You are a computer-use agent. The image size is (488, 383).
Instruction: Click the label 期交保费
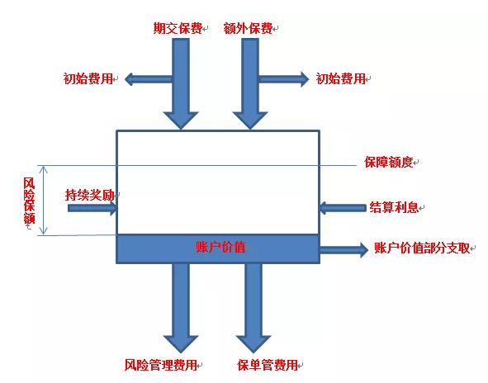(178, 28)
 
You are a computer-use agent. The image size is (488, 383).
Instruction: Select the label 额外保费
(248, 28)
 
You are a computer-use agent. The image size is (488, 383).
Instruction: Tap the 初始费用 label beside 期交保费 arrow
(88, 78)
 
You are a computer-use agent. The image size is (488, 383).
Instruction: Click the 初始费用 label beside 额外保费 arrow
(341, 78)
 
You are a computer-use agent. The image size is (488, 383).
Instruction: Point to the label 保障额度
(389, 162)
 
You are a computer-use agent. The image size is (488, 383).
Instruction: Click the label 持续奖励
(90, 195)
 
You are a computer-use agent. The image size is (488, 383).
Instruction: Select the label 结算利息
(395, 207)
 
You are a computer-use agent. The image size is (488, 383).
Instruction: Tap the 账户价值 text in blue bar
(220, 247)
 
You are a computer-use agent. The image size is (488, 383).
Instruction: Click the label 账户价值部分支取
(422, 248)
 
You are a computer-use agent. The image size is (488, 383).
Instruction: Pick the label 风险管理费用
(161, 365)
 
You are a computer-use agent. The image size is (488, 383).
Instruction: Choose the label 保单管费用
(268, 365)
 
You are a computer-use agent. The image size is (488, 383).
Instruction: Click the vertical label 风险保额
(29, 201)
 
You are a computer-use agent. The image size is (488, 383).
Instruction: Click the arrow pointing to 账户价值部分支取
(343, 249)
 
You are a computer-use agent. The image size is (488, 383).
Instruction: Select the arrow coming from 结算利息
(343, 207)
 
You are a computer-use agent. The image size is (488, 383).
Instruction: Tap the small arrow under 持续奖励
(92, 208)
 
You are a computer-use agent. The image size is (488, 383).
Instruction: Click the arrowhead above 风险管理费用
(181, 344)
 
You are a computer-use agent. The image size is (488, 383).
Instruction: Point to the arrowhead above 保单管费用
(253, 344)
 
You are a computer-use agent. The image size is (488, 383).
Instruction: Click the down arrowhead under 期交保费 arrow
(181, 121)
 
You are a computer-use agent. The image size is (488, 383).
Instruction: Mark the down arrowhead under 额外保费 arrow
(250, 121)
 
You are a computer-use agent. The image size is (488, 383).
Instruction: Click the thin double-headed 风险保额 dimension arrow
(44, 200)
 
